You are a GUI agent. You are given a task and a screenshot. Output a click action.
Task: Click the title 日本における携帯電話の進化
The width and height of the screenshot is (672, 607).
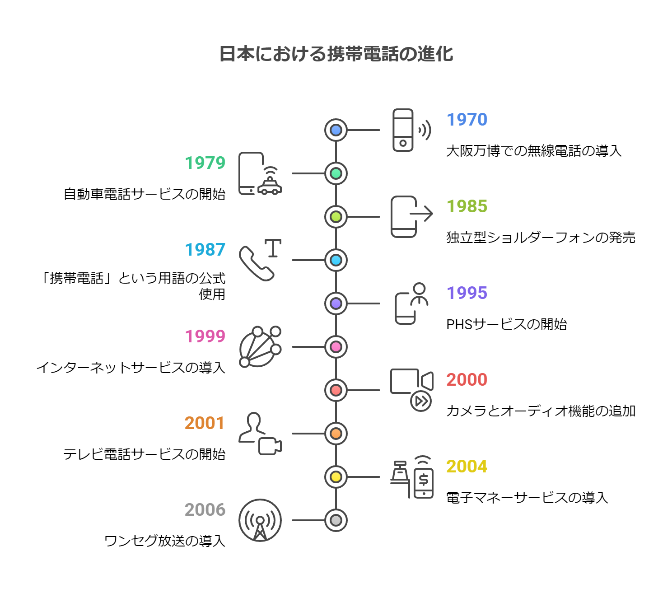tap(336, 54)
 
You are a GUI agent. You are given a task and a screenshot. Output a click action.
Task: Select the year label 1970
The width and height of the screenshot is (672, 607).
tap(467, 120)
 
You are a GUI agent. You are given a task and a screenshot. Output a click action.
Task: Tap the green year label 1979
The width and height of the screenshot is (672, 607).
tap(205, 163)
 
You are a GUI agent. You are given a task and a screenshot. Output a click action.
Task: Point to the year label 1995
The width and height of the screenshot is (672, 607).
tap(467, 293)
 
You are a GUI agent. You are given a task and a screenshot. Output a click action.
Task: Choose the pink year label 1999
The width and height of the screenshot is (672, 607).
tap(205, 336)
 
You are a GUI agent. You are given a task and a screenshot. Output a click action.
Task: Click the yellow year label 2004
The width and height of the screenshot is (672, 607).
tap(467, 467)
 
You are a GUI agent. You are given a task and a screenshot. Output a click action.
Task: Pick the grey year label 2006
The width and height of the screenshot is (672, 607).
tap(205, 510)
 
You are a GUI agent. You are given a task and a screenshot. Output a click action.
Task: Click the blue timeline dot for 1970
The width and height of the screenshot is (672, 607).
tap(336, 130)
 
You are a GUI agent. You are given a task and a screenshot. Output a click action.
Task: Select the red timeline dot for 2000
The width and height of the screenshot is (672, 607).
tap(336, 390)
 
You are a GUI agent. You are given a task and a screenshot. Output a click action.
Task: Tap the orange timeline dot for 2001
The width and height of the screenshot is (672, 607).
tap(336, 434)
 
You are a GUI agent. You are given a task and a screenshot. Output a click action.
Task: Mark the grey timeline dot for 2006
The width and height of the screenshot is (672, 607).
tap(336, 520)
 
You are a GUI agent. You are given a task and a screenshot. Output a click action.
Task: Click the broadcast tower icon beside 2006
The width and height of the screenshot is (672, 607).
tap(260, 520)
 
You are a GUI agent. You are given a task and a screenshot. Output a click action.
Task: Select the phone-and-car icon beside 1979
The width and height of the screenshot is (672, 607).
tap(260, 174)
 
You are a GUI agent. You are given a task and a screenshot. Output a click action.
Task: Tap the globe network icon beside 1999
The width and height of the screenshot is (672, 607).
tap(260, 347)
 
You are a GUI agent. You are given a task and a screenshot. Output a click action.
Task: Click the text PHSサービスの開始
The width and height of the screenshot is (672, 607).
tap(506, 324)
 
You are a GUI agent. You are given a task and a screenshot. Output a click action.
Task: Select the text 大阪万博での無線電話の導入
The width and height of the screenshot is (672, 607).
tap(534, 151)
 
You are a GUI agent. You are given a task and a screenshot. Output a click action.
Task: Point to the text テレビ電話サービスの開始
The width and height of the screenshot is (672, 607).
tap(144, 454)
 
